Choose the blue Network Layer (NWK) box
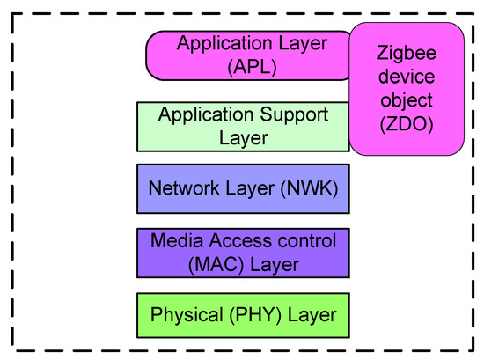[x=243, y=188]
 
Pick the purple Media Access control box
[x=243, y=252]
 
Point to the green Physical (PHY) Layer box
[x=243, y=314]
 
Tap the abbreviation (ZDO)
[x=407, y=125]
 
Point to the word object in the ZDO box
[x=407, y=100]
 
